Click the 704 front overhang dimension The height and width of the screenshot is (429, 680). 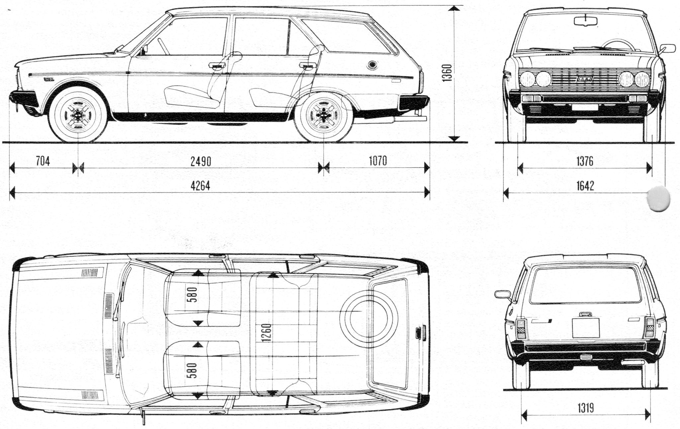(x=42, y=162)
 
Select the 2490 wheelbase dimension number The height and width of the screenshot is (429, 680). (x=201, y=162)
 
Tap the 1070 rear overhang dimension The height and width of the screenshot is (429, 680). (x=378, y=161)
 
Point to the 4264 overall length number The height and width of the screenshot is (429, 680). (x=200, y=186)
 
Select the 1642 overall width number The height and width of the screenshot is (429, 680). (x=585, y=186)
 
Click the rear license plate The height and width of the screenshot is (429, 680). (x=586, y=328)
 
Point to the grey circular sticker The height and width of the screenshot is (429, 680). (x=658, y=198)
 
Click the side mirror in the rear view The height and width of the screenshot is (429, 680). (x=502, y=294)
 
